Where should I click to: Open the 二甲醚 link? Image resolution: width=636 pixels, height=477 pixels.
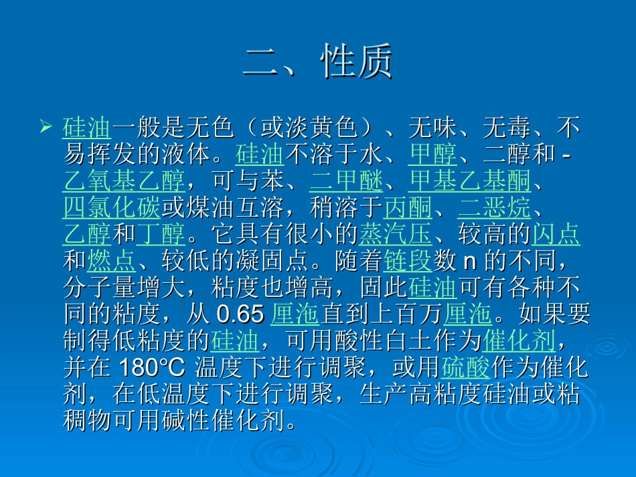tap(346, 181)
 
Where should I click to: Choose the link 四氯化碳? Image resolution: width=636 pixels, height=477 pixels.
tap(112, 208)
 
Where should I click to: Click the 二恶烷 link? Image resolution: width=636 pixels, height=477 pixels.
tap(494, 208)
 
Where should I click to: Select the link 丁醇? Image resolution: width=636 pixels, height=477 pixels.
tap(161, 235)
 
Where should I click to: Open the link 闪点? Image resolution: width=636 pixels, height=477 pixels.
tap(556, 235)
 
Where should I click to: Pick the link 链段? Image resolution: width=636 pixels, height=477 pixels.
tap(408, 261)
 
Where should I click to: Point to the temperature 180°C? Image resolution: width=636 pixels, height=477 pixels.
tap(155, 368)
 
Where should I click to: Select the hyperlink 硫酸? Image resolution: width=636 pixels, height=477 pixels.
tap(466, 368)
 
